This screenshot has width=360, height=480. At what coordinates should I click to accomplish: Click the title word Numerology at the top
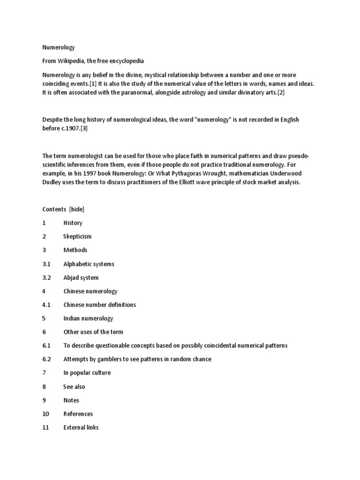coord(59,47)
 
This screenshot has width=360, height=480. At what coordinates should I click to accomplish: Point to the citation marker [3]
coord(84,128)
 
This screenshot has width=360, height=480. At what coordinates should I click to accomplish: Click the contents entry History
coord(73,223)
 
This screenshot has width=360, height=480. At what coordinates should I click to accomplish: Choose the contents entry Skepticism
coord(77,237)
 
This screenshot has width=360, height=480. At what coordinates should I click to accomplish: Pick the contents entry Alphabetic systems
coord(89,264)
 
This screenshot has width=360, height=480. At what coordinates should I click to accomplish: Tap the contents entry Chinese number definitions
coord(99,305)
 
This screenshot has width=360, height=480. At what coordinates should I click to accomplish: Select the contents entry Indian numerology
coord(88,318)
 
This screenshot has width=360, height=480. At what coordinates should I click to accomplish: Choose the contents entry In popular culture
coord(87,373)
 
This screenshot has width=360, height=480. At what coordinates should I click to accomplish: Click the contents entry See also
coord(74,387)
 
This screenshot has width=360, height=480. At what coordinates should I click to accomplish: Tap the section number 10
coord(45,414)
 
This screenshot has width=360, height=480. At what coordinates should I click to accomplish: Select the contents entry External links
coord(81,427)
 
